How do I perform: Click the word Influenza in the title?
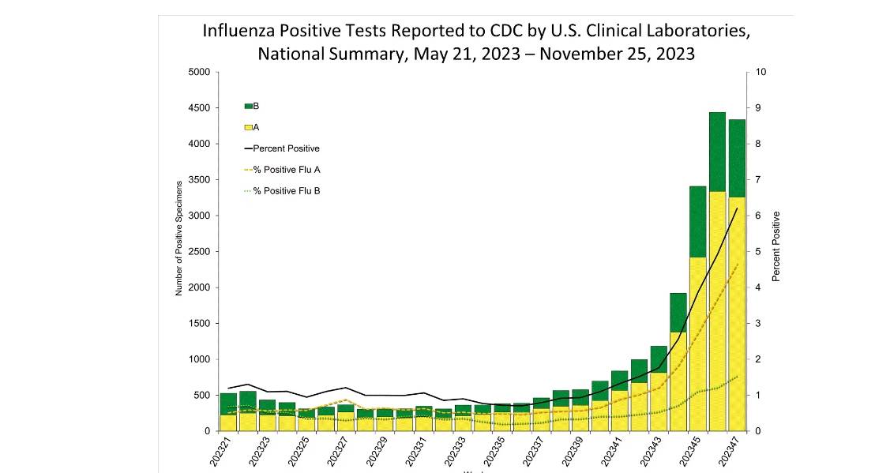click(x=239, y=32)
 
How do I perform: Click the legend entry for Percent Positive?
click(x=286, y=148)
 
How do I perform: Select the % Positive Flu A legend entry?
click(x=286, y=170)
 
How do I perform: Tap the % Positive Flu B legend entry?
click(x=286, y=191)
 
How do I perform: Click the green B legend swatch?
click(x=249, y=106)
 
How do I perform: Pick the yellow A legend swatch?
click(x=249, y=127)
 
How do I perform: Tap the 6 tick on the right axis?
click(x=759, y=216)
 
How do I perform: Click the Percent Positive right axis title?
click(x=776, y=246)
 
